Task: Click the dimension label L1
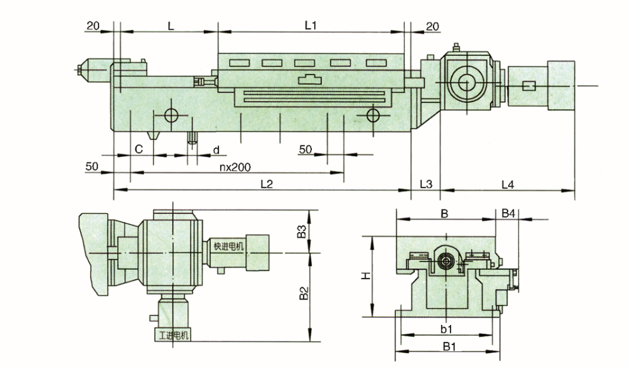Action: pos(310,25)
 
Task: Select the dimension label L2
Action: pos(267,184)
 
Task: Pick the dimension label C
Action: pos(138,149)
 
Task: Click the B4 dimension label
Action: pos(508,214)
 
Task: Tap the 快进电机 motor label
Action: pos(228,247)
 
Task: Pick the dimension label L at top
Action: pos(171,25)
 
